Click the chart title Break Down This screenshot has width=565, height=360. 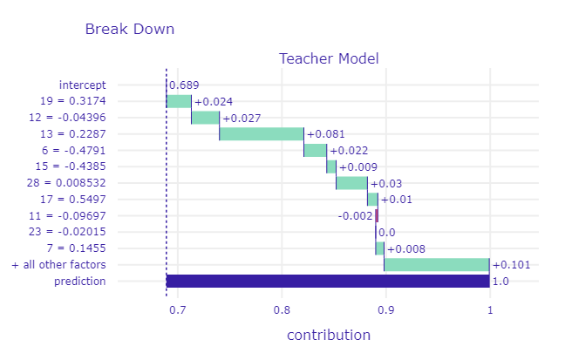[x=129, y=29]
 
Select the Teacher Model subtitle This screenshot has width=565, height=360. [x=329, y=59]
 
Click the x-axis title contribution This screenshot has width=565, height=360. [x=329, y=335]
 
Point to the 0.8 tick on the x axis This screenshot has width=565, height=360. [x=282, y=309]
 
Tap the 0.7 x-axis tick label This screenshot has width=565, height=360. [x=178, y=309]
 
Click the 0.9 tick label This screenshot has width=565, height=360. [x=385, y=309]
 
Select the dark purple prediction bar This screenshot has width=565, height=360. [x=328, y=281]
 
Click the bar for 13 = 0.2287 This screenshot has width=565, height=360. [x=262, y=134]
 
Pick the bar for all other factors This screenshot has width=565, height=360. [x=437, y=265]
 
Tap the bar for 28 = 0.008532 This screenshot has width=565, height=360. [x=351, y=183]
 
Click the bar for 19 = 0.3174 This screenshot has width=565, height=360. [x=179, y=101]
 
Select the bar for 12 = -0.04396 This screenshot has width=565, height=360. [x=205, y=118]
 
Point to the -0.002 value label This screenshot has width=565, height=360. [x=355, y=216]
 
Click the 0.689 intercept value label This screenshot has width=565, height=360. [x=183, y=85]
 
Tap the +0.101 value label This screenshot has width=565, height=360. [x=511, y=265]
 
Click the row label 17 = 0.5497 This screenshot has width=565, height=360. [x=83, y=200]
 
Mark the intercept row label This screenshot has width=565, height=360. [x=83, y=85]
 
